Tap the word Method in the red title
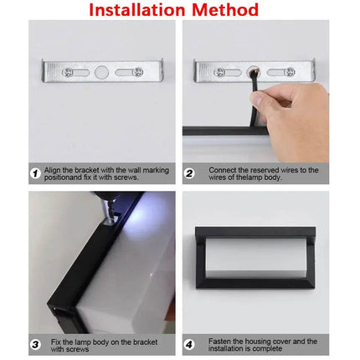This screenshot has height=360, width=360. pos(227,11)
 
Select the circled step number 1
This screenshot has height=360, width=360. pos(36,173)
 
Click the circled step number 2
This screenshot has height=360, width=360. pos(189,173)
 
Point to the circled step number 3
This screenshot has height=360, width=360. pos(36,344)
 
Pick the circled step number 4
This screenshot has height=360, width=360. pos(189,344)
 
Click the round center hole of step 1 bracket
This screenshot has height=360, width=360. pos(101,72)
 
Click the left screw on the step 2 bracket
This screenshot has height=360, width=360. pos(219,72)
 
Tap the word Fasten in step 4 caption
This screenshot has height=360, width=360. pos(220,341)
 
